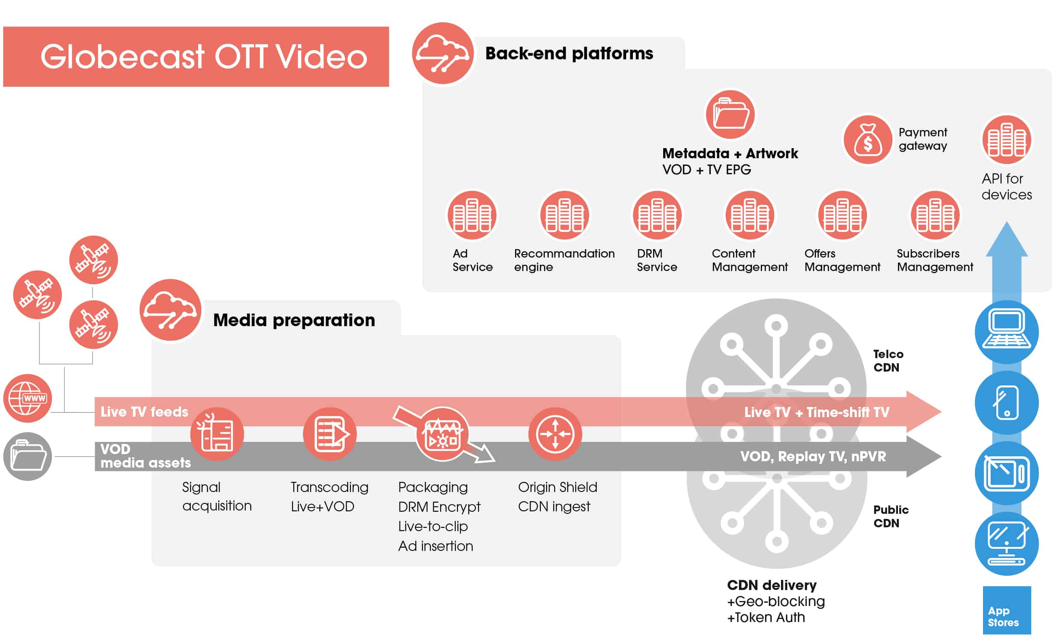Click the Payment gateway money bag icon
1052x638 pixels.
(868, 140)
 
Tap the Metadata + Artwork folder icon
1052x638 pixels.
(731, 114)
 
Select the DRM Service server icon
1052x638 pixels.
(657, 215)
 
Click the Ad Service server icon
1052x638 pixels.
(472, 215)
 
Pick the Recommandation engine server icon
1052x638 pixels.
(564, 215)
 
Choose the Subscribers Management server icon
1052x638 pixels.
(935, 215)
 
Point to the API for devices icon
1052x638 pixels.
(1007, 140)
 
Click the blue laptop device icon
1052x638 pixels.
(1007, 332)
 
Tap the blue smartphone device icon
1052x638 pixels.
(1007, 403)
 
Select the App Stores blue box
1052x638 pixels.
(1007, 610)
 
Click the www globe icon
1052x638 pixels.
(28, 399)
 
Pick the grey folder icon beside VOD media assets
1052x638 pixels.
(28, 456)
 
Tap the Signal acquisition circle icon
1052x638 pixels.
(217, 434)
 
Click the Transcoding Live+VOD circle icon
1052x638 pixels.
(329, 434)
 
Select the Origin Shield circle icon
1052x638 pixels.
(555, 434)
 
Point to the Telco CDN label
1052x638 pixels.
(888, 360)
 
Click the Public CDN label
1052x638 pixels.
(890, 516)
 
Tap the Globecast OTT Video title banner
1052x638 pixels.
(196, 57)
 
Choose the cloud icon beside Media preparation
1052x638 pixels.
(170, 310)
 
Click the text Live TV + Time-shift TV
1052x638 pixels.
(816, 412)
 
